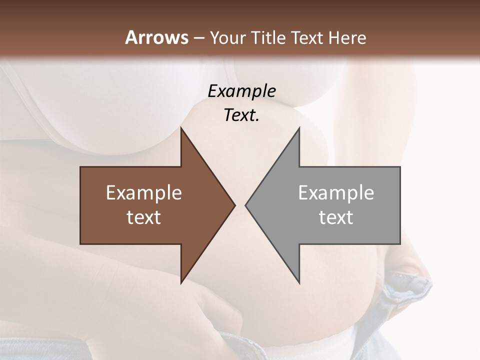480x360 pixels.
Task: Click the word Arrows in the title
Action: pos(157,37)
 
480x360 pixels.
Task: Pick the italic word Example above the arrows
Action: pos(241,91)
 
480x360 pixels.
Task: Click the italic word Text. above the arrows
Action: pos(241,115)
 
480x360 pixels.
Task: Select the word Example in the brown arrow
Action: pos(144,192)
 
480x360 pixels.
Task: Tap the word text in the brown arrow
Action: pos(144,217)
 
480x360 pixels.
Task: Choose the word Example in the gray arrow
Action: pos(336,192)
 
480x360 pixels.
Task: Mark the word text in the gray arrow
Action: pos(336,217)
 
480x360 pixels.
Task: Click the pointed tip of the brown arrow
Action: pos(234,205)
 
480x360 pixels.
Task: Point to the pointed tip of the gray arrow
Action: pos(245,205)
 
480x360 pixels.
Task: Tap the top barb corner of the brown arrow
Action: pos(181,128)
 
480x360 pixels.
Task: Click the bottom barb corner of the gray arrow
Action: pos(299,283)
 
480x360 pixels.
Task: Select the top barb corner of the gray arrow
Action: pos(299,128)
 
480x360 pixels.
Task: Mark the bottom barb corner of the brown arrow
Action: pos(181,283)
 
